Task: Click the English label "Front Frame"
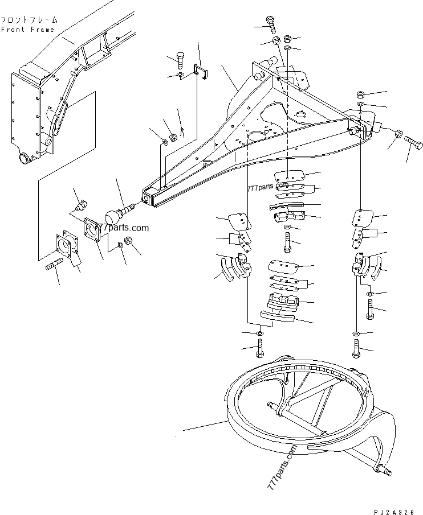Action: (x=27, y=30)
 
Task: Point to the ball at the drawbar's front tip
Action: (x=116, y=217)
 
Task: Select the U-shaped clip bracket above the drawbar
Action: (x=199, y=70)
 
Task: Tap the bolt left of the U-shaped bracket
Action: (x=180, y=60)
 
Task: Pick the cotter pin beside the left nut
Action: (x=182, y=132)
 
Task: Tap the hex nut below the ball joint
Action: (x=128, y=241)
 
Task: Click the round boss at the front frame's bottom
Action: (x=24, y=158)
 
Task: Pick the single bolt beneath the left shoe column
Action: (x=260, y=348)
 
